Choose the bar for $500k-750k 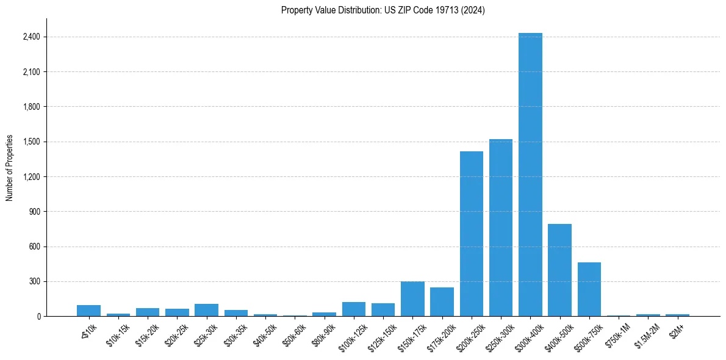click(x=589, y=289)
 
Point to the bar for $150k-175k click(x=412, y=299)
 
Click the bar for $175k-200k click(x=442, y=302)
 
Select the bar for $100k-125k click(x=354, y=309)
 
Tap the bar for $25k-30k click(x=206, y=310)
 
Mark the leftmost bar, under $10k click(x=88, y=311)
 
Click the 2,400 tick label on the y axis click(x=31, y=37)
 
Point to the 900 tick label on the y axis click(x=34, y=212)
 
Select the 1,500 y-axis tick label click(x=31, y=142)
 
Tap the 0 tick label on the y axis click(x=38, y=317)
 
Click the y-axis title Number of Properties click(x=10, y=168)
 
